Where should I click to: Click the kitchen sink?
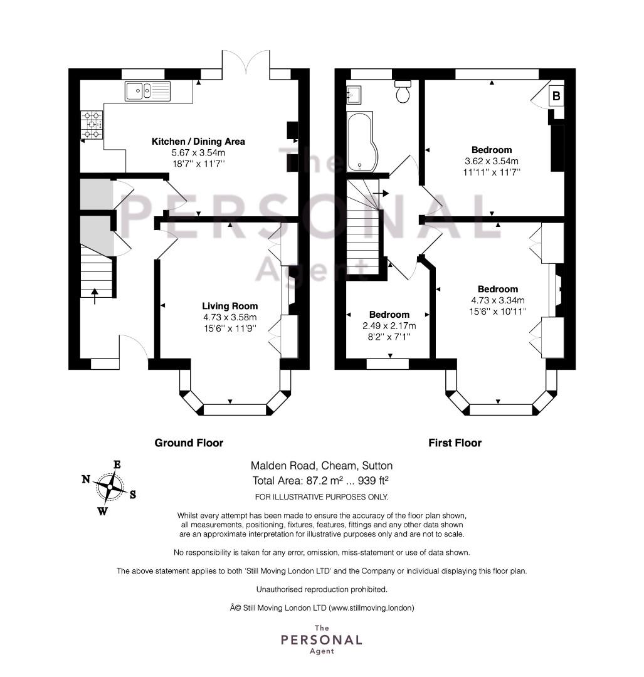tap(148, 91)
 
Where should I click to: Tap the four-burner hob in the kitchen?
tap(92, 125)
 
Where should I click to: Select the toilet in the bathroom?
tap(403, 92)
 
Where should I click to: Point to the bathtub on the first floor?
tap(363, 142)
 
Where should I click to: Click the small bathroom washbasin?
tap(354, 95)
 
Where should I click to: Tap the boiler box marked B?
tap(556, 96)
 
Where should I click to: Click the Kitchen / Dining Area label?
tap(198, 142)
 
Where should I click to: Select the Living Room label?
tap(230, 306)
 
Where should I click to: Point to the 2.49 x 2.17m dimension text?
tap(389, 325)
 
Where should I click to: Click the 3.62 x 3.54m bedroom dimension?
tap(492, 161)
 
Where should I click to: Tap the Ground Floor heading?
tap(189, 443)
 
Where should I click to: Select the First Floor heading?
tap(455, 443)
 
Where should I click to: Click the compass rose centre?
tap(110, 487)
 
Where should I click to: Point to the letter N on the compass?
tap(86, 480)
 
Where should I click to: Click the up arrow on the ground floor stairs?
tap(95, 296)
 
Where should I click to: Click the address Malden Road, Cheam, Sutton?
tap(322, 466)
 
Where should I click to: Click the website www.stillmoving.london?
tap(371, 608)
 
